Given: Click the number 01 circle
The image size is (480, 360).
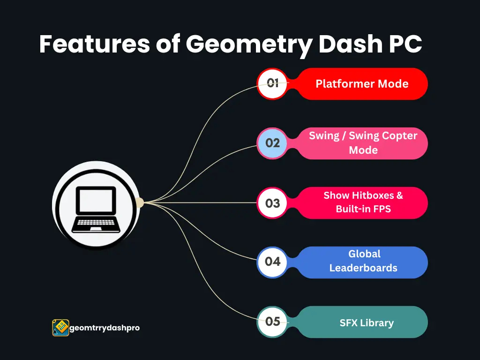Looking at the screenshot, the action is coord(272,83).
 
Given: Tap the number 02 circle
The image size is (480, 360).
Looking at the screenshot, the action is coord(272,143).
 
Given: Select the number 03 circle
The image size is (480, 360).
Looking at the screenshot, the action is coord(272,202).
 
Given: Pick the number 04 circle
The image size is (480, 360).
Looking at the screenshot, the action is coord(272,262).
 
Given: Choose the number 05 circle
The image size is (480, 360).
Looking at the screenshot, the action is coord(272,322).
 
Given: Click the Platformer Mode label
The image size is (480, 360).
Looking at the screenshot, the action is coord(362,83).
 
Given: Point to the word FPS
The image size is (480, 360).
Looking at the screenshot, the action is coord(382,209).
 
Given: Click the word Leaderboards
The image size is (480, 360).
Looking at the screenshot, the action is coord(363,268).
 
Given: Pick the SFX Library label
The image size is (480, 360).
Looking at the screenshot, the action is coord(367,322).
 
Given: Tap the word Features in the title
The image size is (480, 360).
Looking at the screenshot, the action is coord(95,44).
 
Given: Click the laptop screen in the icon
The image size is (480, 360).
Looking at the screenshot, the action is coord(96,201).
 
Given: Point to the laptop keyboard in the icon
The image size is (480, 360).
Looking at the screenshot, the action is coord(96,223).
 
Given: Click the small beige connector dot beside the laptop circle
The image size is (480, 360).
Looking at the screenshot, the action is coord(140,202).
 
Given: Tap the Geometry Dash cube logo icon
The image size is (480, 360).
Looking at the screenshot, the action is coord(60,328).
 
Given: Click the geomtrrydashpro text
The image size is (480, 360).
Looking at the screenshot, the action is coord(105,328).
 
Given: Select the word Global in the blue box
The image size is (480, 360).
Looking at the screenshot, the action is coord(364,254).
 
